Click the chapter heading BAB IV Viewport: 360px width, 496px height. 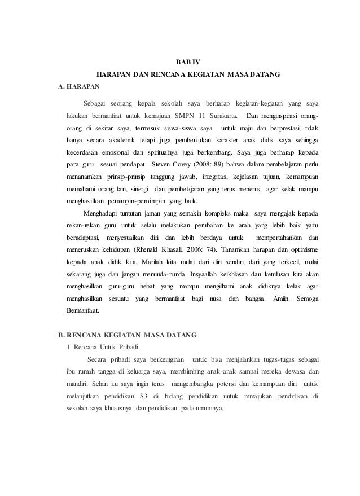pos(181,62)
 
